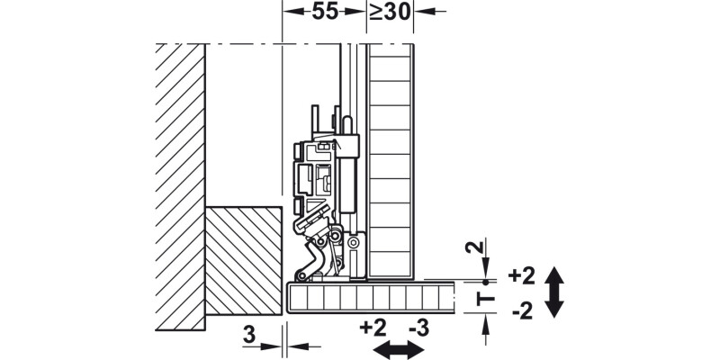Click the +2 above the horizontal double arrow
(373, 326)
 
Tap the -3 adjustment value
(418, 326)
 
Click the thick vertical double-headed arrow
(553, 292)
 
